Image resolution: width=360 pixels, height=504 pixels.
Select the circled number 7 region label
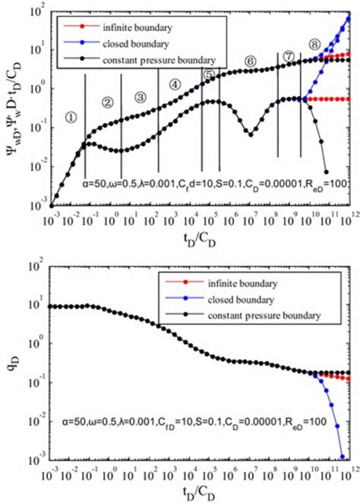(289, 55)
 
